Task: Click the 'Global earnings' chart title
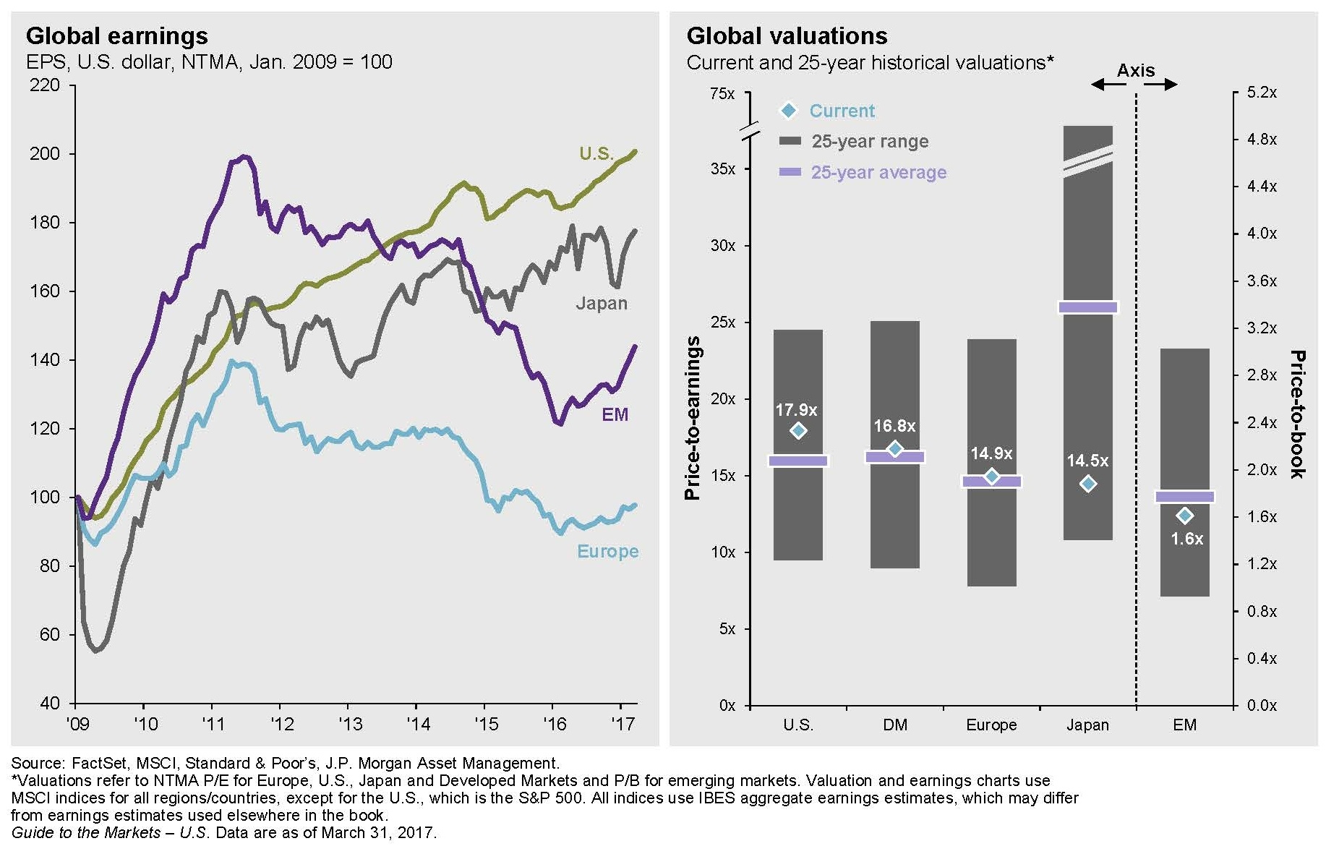(x=116, y=36)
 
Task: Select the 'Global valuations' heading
(x=787, y=36)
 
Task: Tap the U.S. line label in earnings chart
(x=596, y=154)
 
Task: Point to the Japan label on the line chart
(x=601, y=304)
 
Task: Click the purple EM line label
(x=615, y=415)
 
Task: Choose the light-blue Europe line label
(x=607, y=552)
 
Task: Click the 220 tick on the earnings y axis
(x=45, y=85)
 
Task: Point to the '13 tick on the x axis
(x=350, y=724)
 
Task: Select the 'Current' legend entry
(x=842, y=111)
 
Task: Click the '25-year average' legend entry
(x=878, y=173)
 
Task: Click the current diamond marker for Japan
(x=1087, y=484)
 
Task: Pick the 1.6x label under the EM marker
(x=1186, y=539)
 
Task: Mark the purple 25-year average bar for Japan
(x=1087, y=307)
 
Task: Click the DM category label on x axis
(x=895, y=725)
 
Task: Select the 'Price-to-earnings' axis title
(x=693, y=418)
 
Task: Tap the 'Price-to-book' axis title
(x=1298, y=414)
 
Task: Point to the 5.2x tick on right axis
(x=1262, y=93)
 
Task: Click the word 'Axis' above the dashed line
(x=1135, y=71)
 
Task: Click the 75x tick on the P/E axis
(x=722, y=94)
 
